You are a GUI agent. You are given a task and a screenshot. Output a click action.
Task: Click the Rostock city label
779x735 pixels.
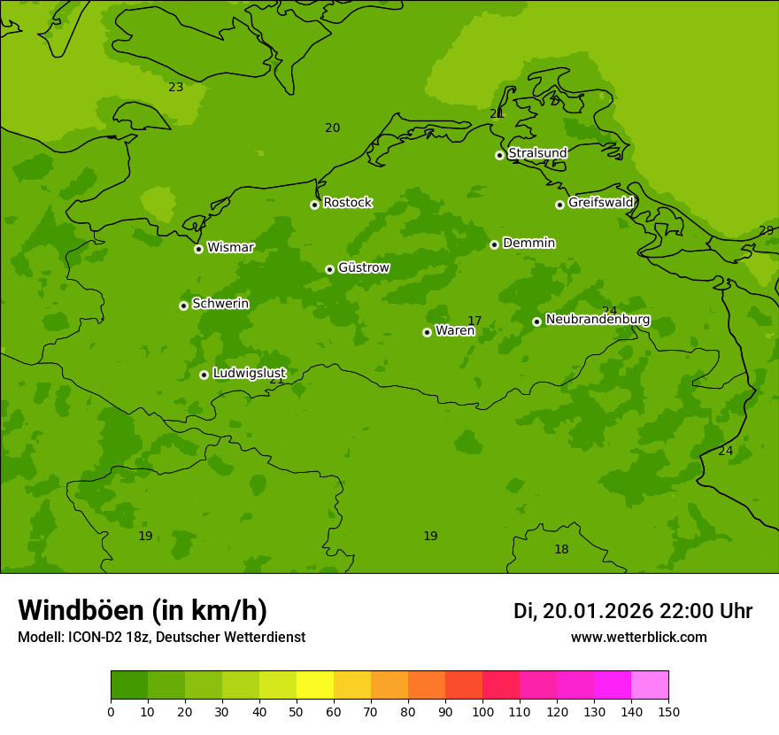coord(347,203)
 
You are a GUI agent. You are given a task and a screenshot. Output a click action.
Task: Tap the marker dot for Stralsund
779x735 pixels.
coord(499,155)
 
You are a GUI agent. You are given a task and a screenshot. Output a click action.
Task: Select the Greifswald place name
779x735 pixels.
coord(600,203)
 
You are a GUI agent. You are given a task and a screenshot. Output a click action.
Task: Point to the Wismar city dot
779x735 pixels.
coord(198,249)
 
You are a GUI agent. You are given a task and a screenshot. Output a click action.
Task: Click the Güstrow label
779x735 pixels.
coord(363,267)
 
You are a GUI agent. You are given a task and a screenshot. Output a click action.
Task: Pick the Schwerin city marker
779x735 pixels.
coord(183,306)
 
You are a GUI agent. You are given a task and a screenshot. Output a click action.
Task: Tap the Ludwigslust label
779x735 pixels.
coord(249,374)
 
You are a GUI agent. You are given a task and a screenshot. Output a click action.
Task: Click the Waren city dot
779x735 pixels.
coord(427,332)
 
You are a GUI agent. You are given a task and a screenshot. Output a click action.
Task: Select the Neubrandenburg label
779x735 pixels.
coord(598,320)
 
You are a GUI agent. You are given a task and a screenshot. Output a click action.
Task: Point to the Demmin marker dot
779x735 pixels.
coord(494,244)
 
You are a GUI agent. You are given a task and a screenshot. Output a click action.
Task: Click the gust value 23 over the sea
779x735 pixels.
coord(176,87)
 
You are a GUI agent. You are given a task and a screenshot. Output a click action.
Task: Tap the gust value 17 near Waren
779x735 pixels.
coord(474,321)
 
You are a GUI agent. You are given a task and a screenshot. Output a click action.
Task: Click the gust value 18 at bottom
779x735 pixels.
coord(561,550)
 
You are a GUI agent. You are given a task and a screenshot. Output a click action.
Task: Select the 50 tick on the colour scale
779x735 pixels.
coord(297,711)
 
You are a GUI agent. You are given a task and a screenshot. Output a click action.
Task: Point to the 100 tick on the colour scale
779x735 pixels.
coord(482,711)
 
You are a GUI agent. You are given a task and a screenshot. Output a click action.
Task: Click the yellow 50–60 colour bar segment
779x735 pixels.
coord(315,685)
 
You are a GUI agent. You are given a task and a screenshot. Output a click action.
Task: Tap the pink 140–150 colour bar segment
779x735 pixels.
coord(650,685)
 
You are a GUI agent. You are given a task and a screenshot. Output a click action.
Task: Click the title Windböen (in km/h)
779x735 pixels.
coord(143,610)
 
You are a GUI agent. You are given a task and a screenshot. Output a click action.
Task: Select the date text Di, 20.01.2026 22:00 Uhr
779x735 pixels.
coord(632,611)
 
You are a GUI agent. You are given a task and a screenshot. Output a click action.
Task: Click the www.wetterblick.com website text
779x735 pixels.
coord(638,638)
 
